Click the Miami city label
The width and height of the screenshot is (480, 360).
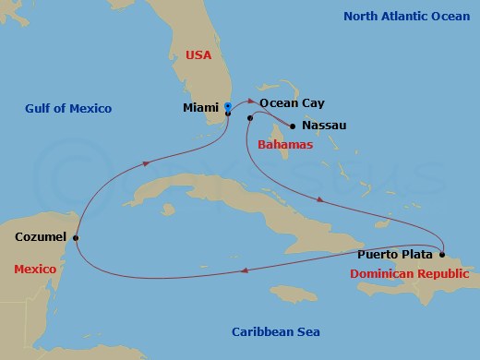pos(201,108)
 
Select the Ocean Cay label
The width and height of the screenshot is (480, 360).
pos(293,104)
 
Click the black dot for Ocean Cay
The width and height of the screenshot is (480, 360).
pos(250,118)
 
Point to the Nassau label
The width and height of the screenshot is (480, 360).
pos(324,126)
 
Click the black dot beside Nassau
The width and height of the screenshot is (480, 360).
pos(293,126)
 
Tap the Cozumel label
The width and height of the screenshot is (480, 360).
pos(41,237)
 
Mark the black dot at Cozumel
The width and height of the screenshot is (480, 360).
pos(76,237)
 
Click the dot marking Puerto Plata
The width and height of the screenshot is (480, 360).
pos(442,255)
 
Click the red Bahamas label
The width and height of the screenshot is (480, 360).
pos(285,145)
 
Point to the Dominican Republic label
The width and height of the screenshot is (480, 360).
pos(409,273)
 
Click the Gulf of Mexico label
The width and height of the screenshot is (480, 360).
pos(68,109)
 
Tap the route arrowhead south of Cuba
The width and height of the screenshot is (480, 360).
pos(244,270)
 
